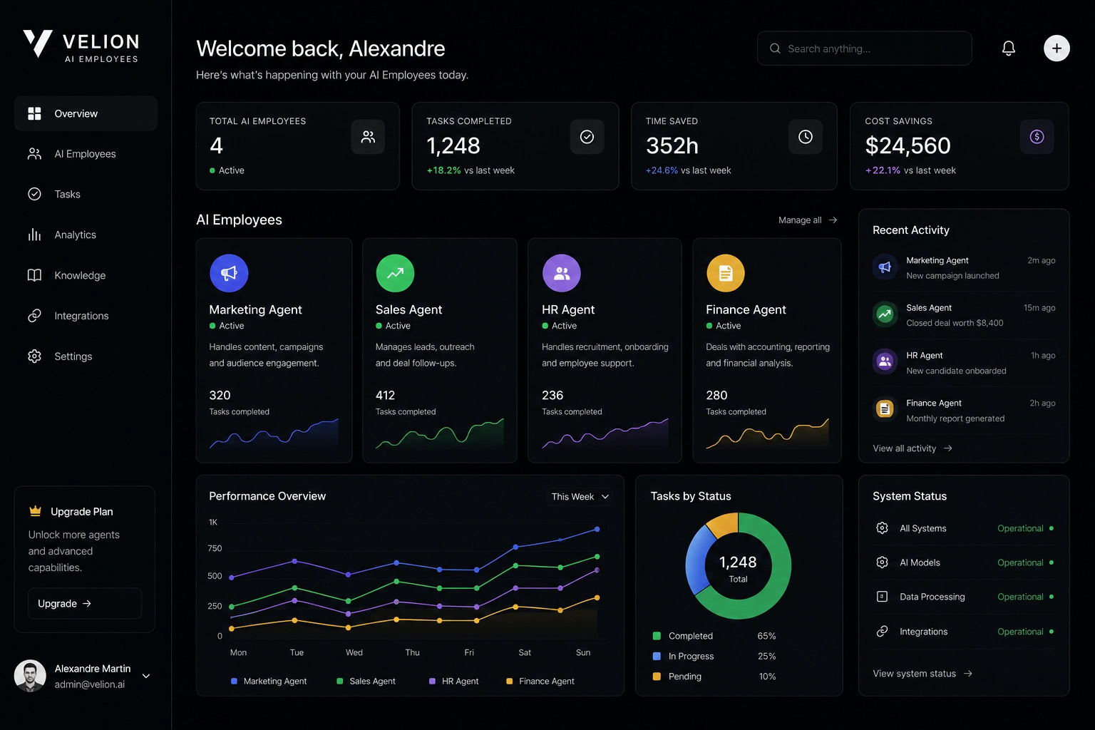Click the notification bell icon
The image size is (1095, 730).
(1008, 48)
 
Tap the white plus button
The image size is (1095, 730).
(1057, 48)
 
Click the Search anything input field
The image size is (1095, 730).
(864, 48)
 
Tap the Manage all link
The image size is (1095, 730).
(808, 220)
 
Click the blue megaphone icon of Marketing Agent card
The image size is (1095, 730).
(229, 273)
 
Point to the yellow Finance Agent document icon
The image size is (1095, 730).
(726, 273)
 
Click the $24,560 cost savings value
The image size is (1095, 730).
(908, 145)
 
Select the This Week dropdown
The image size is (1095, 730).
(580, 496)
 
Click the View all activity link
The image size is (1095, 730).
(912, 448)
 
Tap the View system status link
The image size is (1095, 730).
(922, 673)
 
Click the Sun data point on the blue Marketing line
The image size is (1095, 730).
(597, 529)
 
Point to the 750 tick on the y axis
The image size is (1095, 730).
(215, 548)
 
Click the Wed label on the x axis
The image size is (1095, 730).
(354, 652)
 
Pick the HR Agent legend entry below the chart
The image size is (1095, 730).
(453, 681)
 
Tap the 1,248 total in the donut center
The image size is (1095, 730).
(738, 562)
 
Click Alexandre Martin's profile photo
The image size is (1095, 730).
(30, 676)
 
